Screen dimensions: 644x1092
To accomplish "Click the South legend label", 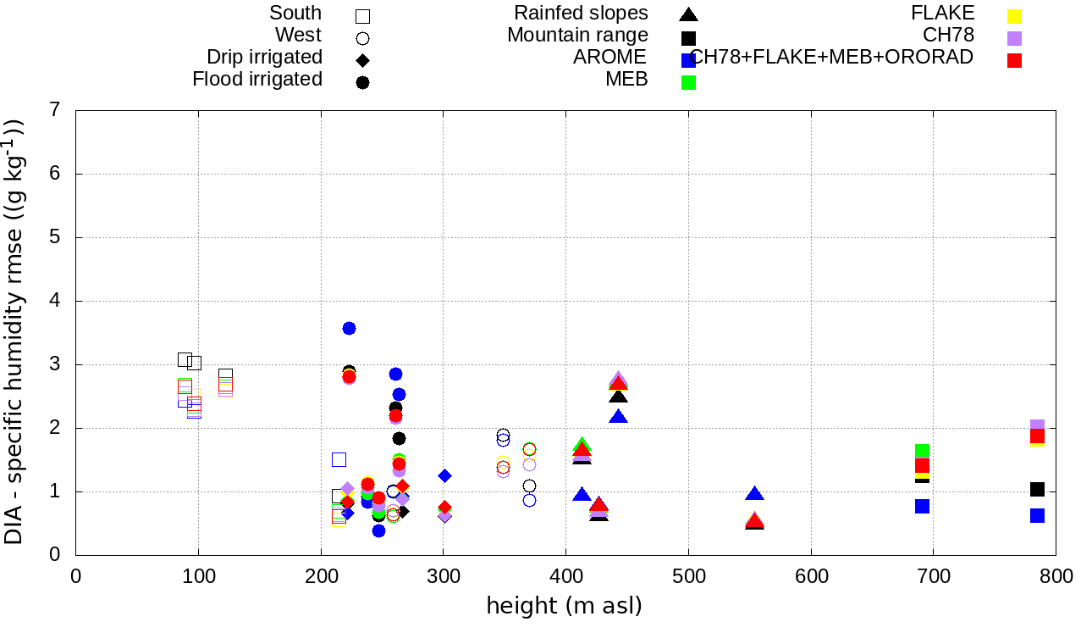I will click(x=295, y=13).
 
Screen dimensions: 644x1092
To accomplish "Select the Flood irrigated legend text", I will click(x=257, y=80).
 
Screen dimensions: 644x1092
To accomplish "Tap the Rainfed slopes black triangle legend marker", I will click(x=688, y=14).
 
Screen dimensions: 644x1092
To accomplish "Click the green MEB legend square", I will click(x=688, y=82).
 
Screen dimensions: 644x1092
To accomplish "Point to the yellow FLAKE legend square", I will click(x=1014, y=15).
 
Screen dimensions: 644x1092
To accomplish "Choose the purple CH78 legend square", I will click(x=1014, y=38).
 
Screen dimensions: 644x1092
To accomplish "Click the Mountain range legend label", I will click(x=577, y=36).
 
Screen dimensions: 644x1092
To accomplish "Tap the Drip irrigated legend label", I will click(x=264, y=58).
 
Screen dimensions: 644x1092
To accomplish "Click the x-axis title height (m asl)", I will click(x=564, y=607).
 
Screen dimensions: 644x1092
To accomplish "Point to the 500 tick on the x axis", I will click(x=688, y=577).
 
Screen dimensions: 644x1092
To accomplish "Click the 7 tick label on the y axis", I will click(x=54, y=110).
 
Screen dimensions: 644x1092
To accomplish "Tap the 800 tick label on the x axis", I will click(x=1056, y=577).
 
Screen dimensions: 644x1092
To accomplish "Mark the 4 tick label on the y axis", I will click(x=54, y=301).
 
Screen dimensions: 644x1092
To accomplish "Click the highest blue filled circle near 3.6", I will click(x=349, y=328).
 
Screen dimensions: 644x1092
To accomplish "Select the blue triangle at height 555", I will click(x=755, y=494).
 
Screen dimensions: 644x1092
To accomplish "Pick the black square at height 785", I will click(x=1037, y=489).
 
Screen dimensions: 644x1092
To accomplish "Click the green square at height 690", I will click(x=922, y=451).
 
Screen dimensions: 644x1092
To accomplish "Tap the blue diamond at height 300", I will click(x=444, y=475).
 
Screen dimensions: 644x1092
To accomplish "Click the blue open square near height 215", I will click(x=339, y=459).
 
